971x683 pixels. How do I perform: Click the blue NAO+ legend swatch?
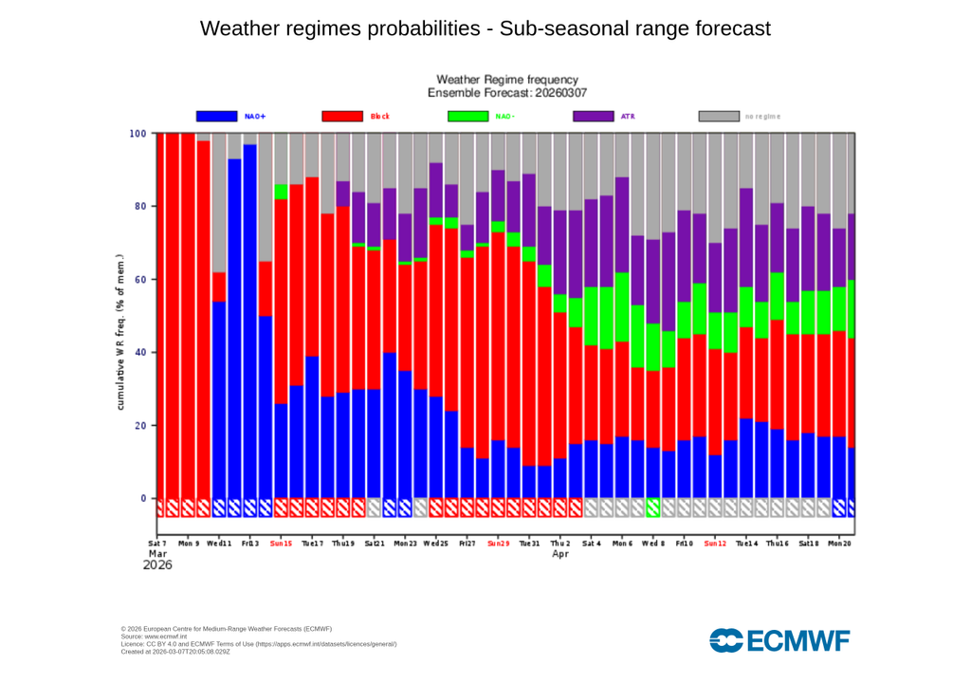pos(216,117)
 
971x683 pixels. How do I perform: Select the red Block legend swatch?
pos(342,117)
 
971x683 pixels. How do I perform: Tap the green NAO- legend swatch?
pos(467,117)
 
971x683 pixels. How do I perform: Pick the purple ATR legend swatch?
pos(594,117)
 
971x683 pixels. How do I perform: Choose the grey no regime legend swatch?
pos(719,117)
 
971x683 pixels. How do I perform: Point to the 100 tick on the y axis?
pos(138,134)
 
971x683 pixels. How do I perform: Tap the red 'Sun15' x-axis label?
pos(281,544)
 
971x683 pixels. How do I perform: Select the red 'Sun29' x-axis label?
pos(499,544)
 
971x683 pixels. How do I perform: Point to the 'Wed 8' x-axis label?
pos(652,544)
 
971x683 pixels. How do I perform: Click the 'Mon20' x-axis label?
pos(839,544)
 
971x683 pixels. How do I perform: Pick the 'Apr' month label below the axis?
pos(560,554)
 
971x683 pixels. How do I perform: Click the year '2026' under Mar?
pos(158,566)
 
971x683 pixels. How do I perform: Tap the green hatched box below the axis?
pos(653,508)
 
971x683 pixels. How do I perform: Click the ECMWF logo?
pos(779,640)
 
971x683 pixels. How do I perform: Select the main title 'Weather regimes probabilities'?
pos(485,28)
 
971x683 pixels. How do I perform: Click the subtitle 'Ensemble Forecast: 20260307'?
pos(506,93)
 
